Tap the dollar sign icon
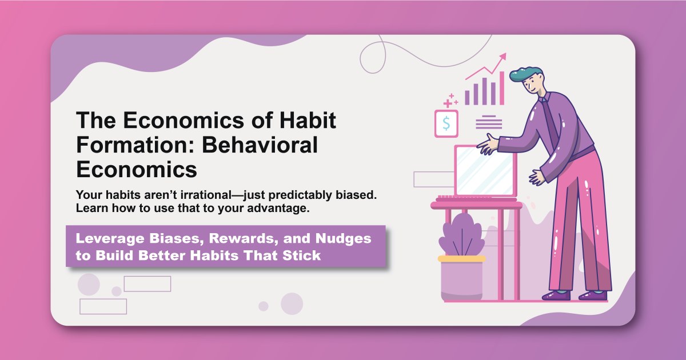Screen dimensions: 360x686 pyautogui.click(x=446, y=123)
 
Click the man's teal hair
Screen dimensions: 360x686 pyautogui.click(x=524, y=74)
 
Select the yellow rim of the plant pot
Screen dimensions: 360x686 pyautogui.click(x=461, y=259)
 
